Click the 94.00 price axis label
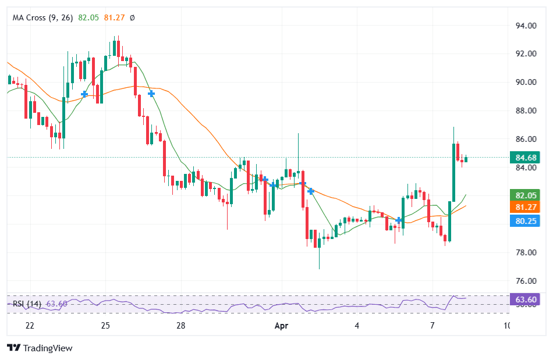pyautogui.click(x=526, y=26)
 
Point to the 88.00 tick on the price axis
pyautogui.click(x=526, y=111)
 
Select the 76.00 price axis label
pyautogui.click(x=526, y=281)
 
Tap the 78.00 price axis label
pyautogui.click(x=526, y=252)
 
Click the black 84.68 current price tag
pyautogui.click(x=526, y=158)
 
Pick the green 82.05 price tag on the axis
pyautogui.click(x=526, y=195)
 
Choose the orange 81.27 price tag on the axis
pyautogui.click(x=526, y=207)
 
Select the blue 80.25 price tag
pyautogui.click(x=526, y=220)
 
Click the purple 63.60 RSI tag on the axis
pyautogui.click(x=526, y=300)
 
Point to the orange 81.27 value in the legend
pyautogui.click(x=115, y=18)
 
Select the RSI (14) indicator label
pyautogui.click(x=27, y=304)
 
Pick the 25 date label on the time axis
pyautogui.click(x=105, y=326)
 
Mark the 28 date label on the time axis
pyautogui.click(x=181, y=326)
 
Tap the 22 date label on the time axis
pyautogui.click(x=30, y=326)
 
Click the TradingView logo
pyautogui.click(x=40, y=348)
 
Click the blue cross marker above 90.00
pyautogui.click(x=151, y=93)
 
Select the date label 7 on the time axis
pyautogui.click(x=433, y=326)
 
